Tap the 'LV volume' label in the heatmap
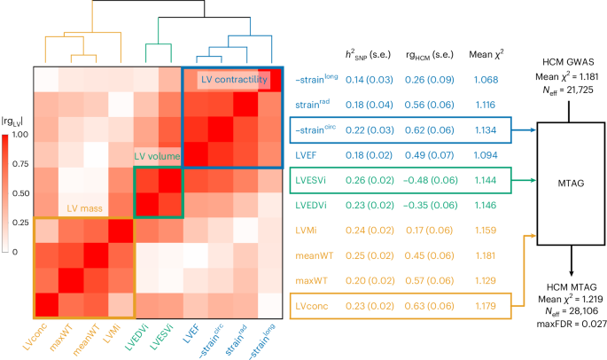pyautogui.click(x=157, y=157)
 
